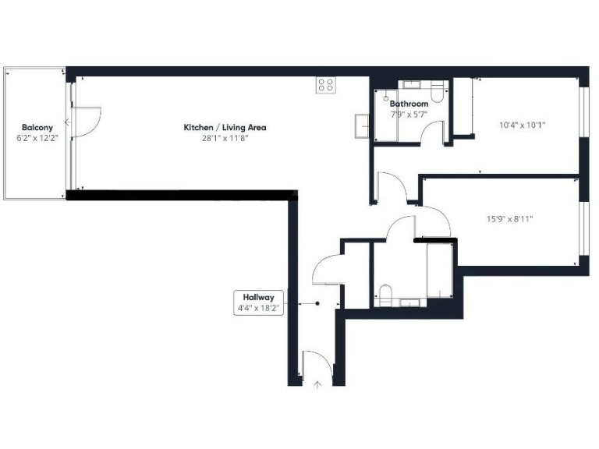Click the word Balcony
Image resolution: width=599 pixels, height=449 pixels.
(x=37, y=127)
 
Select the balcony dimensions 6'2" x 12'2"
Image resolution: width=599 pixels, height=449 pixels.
(x=37, y=138)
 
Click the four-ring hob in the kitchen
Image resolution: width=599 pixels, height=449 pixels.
(x=326, y=85)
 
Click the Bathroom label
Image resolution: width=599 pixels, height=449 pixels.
(x=409, y=104)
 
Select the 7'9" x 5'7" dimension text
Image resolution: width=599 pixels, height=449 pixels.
(x=409, y=114)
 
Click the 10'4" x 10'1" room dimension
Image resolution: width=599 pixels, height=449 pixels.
(x=522, y=123)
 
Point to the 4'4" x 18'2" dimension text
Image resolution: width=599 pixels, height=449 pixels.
(x=258, y=308)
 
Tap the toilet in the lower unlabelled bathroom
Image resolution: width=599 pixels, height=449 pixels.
(x=384, y=295)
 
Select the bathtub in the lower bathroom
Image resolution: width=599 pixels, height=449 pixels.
(x=439, y=270)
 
